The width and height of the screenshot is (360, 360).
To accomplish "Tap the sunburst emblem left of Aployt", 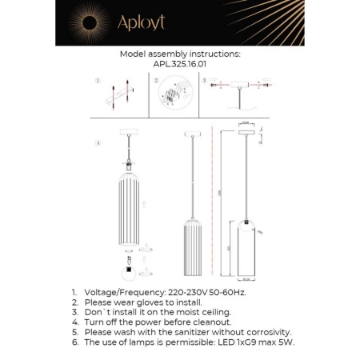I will (x=83, y=22).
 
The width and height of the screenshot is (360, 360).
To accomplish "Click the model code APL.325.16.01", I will (x=179, y=64).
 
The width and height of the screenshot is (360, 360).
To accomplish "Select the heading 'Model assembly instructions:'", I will (x=179, y=54).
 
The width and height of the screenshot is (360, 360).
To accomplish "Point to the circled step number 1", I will (x=96, y=81).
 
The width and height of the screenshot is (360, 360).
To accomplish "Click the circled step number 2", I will (x=154, y=81).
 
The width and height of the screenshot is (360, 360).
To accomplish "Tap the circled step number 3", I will (x=205, y=81).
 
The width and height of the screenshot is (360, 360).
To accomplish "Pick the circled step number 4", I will (x=97, y=144).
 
